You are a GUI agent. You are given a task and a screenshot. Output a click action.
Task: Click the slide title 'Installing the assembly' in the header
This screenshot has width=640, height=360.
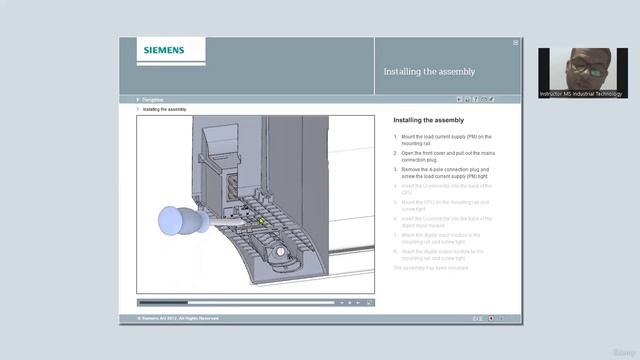coord(429,72)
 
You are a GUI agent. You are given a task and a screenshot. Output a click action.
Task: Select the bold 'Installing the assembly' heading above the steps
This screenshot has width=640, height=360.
coord(428,120)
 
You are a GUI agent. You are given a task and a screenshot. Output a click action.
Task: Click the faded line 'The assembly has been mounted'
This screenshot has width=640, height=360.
coord(430,267)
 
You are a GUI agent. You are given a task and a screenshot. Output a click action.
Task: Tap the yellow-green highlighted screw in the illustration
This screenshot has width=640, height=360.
coord(262,220)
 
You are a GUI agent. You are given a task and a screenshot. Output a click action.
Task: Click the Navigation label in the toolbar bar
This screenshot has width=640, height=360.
coord(153,99)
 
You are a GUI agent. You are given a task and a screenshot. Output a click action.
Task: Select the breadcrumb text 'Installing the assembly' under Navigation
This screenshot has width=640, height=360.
coord(164,109)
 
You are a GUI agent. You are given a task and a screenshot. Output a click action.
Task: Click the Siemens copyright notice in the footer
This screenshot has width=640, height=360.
coord(170,318)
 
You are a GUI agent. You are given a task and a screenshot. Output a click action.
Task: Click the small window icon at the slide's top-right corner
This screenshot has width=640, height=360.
coord(516,43)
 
